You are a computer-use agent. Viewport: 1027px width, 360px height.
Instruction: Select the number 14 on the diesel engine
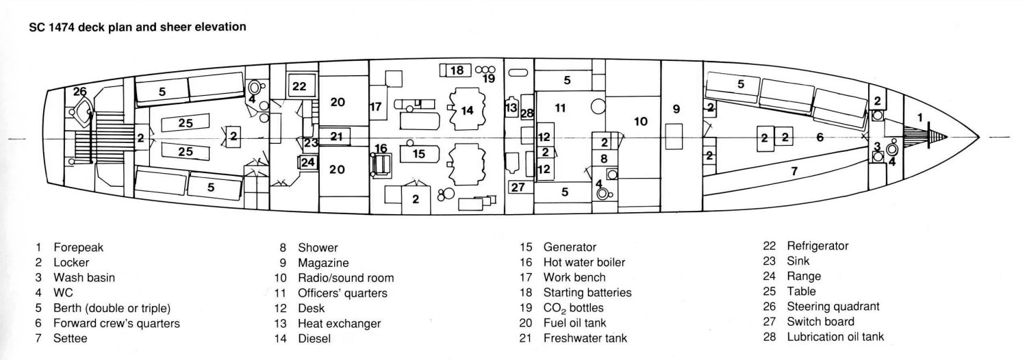[x=467, y=110]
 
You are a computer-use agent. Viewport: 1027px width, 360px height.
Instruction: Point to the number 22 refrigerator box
[x=299, y=86]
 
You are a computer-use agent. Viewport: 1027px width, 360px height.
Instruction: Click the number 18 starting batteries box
[x=457, y=70]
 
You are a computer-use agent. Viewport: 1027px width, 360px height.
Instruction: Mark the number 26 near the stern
[x=80, y=92]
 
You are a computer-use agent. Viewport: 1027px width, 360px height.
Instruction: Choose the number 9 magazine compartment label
[x=676, y=108]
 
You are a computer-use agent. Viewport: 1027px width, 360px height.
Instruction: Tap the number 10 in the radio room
[x=640, y=122]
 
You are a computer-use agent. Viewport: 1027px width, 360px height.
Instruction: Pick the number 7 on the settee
[x=794, y=171]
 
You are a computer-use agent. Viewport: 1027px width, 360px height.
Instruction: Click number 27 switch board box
[x=518, y=186]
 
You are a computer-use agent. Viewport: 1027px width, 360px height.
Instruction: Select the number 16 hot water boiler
[x=381, y=149]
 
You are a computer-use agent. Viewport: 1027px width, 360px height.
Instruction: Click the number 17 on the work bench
[x=375, y=107]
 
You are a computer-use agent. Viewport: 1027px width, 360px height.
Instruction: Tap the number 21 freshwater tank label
[x=335, y=136]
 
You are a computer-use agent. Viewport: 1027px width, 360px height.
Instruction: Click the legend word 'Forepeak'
[x=79, y=247]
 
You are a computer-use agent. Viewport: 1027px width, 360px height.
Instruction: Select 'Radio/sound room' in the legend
[x=345, y=278]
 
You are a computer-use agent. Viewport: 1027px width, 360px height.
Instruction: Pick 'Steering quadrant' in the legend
[x=833, y=307]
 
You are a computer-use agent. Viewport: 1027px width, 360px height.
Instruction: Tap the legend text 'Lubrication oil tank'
[x=835, y=337]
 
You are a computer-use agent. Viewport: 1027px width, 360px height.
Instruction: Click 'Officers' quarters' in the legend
[x=342, y=293]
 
